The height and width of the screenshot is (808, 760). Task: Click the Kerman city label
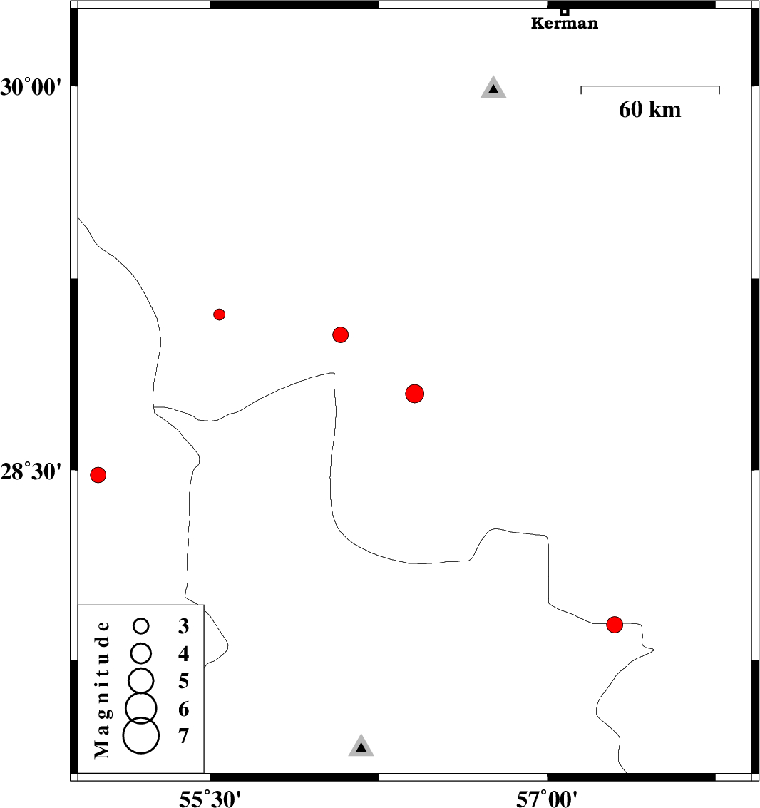tap(564, 24)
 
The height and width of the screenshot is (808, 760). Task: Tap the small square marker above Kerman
tap(565, 11)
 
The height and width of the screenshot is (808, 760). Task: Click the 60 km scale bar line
tap(649, 86)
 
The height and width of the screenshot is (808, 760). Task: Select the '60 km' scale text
tap(649, 109)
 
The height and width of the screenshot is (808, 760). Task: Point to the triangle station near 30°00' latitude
tap(493, 88)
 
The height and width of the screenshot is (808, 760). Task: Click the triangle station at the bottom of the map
tap(361, 746)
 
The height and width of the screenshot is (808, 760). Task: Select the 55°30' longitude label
tap(210, 799)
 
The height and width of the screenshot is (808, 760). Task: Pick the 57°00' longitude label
tap(547, 799)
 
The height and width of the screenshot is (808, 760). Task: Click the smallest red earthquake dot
tap(220, 314)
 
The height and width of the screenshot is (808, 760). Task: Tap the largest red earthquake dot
tap(415, 394)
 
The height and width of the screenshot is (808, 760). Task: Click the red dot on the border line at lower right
tap(615, 625)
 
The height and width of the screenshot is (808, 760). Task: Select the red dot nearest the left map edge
tap(98, 474)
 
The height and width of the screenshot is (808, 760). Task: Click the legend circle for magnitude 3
tap(141, 626)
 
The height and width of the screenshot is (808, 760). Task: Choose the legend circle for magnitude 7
tap(141, 736)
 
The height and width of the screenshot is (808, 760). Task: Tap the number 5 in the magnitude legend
tap(184, 681)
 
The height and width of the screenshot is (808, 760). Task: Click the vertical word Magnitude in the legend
tap(103, 690)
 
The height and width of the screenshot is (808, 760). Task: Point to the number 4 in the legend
tap(184, 654)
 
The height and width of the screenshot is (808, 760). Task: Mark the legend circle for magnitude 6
tap(141, 708)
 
